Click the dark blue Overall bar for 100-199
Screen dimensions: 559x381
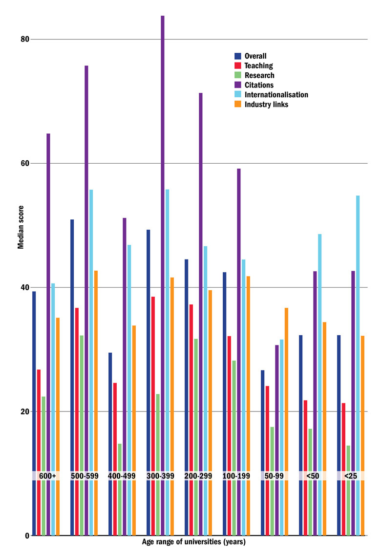point(225,371)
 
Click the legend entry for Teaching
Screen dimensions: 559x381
point(258,65)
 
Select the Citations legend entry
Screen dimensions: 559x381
point(258,85)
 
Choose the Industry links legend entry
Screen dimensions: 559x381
point(266,105)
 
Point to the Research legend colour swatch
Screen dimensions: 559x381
point(238,75)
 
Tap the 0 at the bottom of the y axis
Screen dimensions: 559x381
point(27,536)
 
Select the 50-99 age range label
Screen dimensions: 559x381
point(277,475)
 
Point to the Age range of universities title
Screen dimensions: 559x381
point(193,542)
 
